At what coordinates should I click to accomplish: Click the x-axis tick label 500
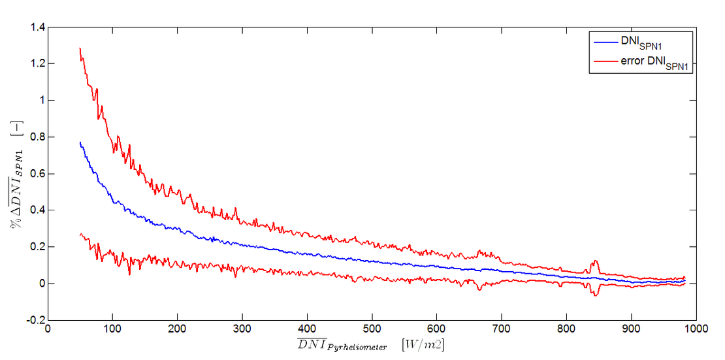372,331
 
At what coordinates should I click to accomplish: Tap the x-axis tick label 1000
695,331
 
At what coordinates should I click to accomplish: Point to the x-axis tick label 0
48,331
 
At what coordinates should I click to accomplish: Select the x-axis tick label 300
242,331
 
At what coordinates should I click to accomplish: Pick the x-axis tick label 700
501,331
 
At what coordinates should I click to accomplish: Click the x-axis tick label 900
631,331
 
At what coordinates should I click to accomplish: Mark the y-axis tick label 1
40,101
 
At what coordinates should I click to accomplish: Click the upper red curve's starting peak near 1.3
80,48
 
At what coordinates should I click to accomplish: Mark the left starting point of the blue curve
80,142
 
